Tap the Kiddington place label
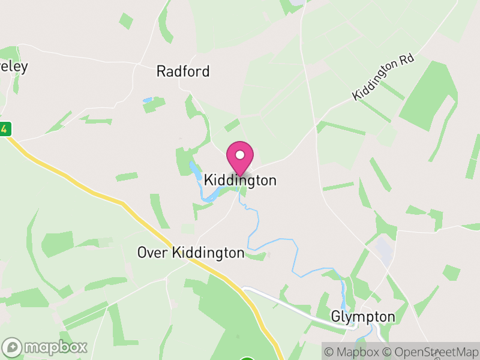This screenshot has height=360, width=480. tap(240, 180)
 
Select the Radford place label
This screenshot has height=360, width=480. tap(183, 71)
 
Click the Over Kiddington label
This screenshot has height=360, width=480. tap(191, 253)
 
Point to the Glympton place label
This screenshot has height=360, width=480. tap(363, 317)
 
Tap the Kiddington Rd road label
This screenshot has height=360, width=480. tap(384, 79)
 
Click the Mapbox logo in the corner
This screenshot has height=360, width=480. tap(46, 347)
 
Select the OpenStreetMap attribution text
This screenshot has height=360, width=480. tap(430, 352)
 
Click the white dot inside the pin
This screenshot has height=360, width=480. tap(240, 155)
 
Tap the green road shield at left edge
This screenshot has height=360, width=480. tap(4, 128)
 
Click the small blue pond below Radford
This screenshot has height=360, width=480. tap(148, 100)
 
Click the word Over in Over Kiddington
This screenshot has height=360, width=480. tap(152, 253)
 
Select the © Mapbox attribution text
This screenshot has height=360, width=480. tap(353, 352)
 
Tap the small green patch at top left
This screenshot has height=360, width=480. tap(126, 20)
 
